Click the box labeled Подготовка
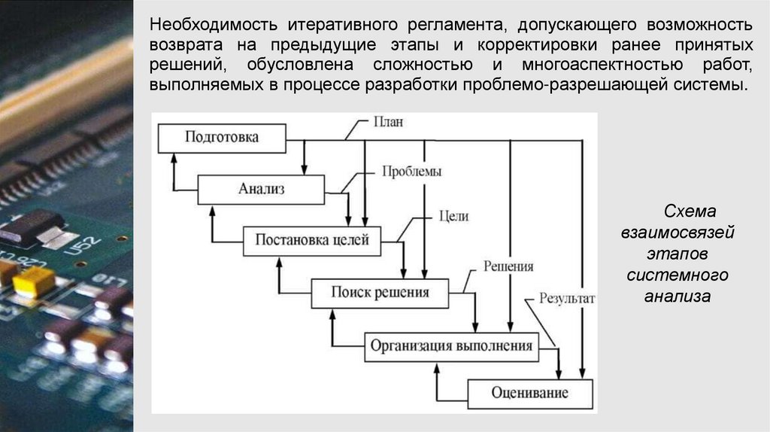coord(222,137)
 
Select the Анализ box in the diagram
coord(261,189)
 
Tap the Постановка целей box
coord(311,241)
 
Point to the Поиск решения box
coord(380,292)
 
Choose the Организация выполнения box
coord(451,346)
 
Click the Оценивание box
coord(530,393)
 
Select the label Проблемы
coord(411,171)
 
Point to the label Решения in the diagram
coord(508,266)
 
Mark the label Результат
coord(566,298)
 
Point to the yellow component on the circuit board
coord(33,281)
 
